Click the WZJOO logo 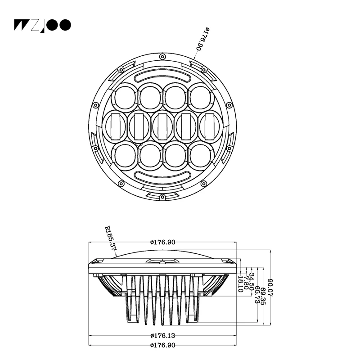point(42,25)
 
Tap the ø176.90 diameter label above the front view point(203,39)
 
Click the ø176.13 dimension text point(162,336)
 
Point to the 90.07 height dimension point(271,288)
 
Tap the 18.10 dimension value point(240,284)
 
